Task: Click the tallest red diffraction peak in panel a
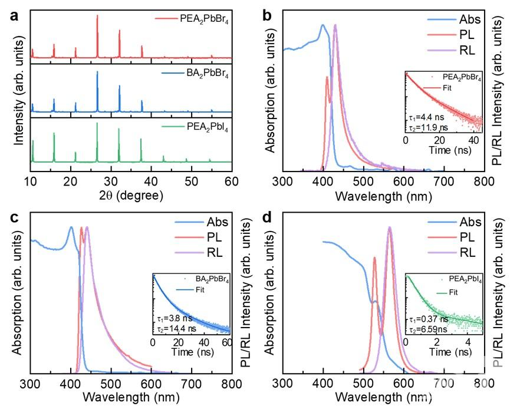(97, 16)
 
